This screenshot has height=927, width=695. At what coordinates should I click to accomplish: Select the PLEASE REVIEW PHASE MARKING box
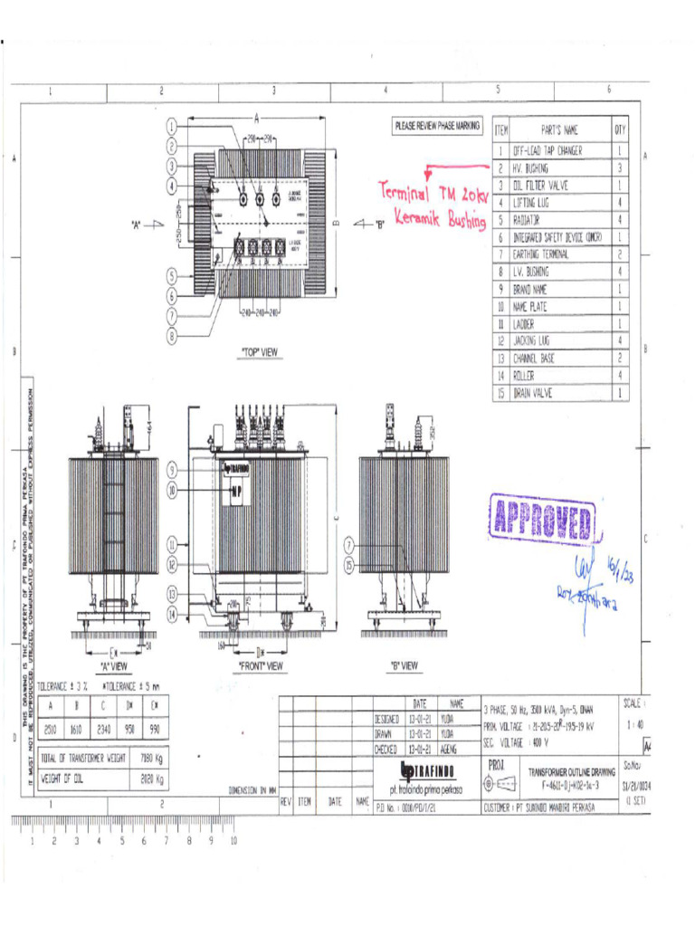coord(438,127)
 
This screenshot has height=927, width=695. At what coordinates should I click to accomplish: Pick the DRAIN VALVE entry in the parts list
coord(534,394)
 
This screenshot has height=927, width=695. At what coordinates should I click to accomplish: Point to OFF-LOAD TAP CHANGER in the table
coord(547,151)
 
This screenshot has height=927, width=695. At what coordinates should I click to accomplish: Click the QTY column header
coord(620,130)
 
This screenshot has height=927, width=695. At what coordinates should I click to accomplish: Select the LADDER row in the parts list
coord(524,324)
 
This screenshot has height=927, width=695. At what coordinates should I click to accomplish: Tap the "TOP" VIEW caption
coord(259,352)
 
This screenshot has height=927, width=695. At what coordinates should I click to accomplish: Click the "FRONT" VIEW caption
coord(261,665)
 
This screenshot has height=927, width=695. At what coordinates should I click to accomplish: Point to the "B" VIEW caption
coord(404,665)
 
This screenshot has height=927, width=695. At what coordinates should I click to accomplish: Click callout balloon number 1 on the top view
coord(171,127)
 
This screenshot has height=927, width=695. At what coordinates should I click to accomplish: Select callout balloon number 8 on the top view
coord(171,336)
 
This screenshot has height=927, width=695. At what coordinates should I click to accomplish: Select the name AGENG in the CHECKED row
coord(449,749)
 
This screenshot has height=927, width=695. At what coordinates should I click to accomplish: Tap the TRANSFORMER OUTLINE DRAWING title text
coord(571,772)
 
